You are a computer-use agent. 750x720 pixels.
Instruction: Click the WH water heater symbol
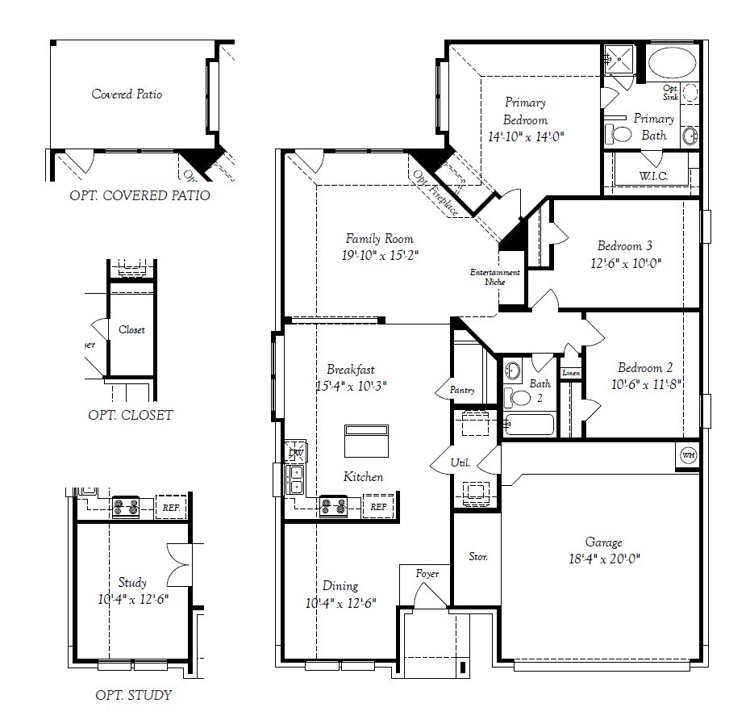pyautogui.click(x=688, y=454)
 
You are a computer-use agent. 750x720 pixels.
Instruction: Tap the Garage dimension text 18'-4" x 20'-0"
pyautogui.click(x=603, y=558)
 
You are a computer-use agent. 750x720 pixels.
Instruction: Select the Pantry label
pyautogui.click(x=462, y=391)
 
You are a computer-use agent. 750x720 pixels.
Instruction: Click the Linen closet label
pyautogui.click(x=570, y=373)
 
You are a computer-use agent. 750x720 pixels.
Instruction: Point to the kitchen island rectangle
pyautogui.click(x=366, y=442)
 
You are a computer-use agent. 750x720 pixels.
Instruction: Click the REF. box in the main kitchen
pyautogui.click(x=378, y=507)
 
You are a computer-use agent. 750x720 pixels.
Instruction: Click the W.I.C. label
pyautogui.click(x=652, y=176)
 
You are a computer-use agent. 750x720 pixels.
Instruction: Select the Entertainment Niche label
pyautogui.click(x=494, y=277)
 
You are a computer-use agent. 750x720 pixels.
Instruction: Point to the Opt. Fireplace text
pyautogui.click(x=435, y=193)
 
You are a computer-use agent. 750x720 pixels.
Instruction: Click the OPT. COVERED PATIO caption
pyautogui.click(x=140, y=195)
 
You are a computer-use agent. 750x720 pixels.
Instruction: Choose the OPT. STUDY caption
pyautogui.click(x=133, y=694)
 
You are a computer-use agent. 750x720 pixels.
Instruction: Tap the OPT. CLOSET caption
pyautogui.click(x=130, y=415)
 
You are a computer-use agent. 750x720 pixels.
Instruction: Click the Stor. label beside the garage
pyautogui.click(x=478, y=557)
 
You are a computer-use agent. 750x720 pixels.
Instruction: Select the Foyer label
pyautogui.click(x=427, y=574)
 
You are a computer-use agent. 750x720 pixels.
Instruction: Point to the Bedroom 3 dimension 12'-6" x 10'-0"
pyautogui.click(x=625, y=262)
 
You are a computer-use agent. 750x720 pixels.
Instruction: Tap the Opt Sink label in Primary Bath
pyautogui.click(x=670, y=93)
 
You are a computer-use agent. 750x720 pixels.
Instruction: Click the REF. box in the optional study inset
pyautogui.click(x=170, y=508)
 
